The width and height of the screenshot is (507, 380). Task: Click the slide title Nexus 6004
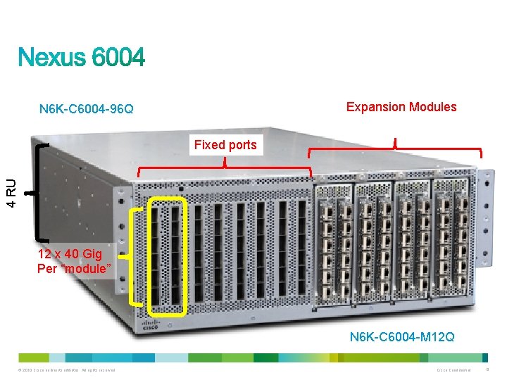(82, 57)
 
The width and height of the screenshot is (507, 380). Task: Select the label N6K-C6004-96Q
(87, 109)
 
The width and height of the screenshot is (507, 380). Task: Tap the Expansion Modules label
(401, 107)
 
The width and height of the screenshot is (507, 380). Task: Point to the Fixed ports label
(225, 146)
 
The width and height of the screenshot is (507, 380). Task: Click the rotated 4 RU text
(12, 192)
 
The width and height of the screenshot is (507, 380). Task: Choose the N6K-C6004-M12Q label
(402, 338)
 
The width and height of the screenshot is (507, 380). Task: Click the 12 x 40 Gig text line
(70, 254)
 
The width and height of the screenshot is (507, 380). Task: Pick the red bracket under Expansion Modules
(396, 150)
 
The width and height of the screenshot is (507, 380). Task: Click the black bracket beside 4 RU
(34, 191)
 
